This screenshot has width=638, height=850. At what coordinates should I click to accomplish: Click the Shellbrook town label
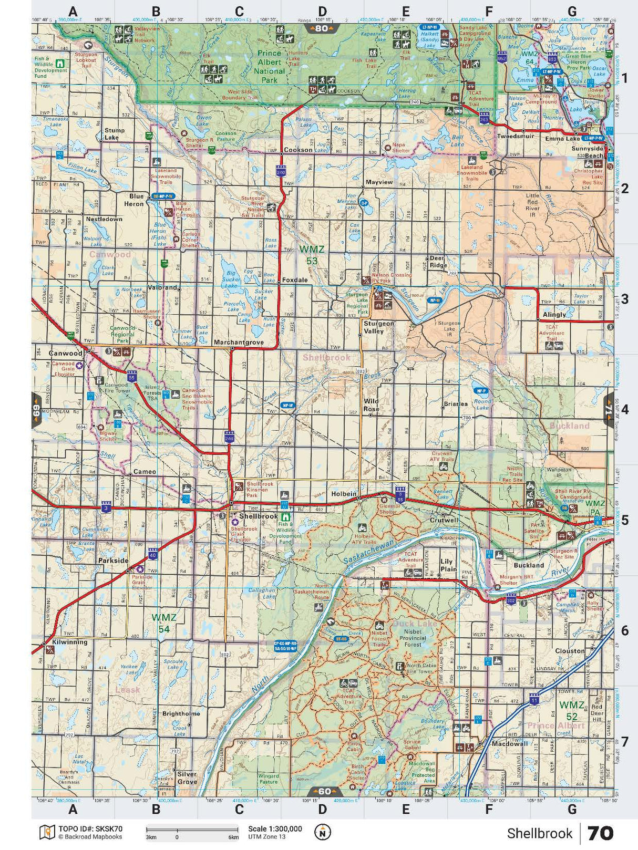258,516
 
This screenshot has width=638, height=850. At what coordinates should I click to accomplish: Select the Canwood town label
65,353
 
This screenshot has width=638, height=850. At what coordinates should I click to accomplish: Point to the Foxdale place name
294,280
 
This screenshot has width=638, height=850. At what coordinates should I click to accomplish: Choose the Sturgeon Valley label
378,327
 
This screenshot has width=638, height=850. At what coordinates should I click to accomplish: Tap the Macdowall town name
509,744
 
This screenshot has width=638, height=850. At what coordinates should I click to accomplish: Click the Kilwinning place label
69,642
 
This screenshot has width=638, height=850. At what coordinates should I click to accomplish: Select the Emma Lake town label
562,139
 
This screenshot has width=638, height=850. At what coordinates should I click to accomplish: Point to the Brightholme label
181,714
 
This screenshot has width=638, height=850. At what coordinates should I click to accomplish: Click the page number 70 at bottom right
600,833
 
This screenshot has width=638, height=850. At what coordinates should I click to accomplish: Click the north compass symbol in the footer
323,832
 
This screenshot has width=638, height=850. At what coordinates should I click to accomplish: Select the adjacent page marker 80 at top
322,28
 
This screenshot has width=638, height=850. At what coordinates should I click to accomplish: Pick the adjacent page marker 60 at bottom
324,791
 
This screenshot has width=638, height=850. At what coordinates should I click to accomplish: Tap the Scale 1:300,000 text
275,829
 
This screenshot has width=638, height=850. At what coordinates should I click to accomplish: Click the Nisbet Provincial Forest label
413,638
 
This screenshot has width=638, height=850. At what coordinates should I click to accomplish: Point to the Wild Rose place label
371,405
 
